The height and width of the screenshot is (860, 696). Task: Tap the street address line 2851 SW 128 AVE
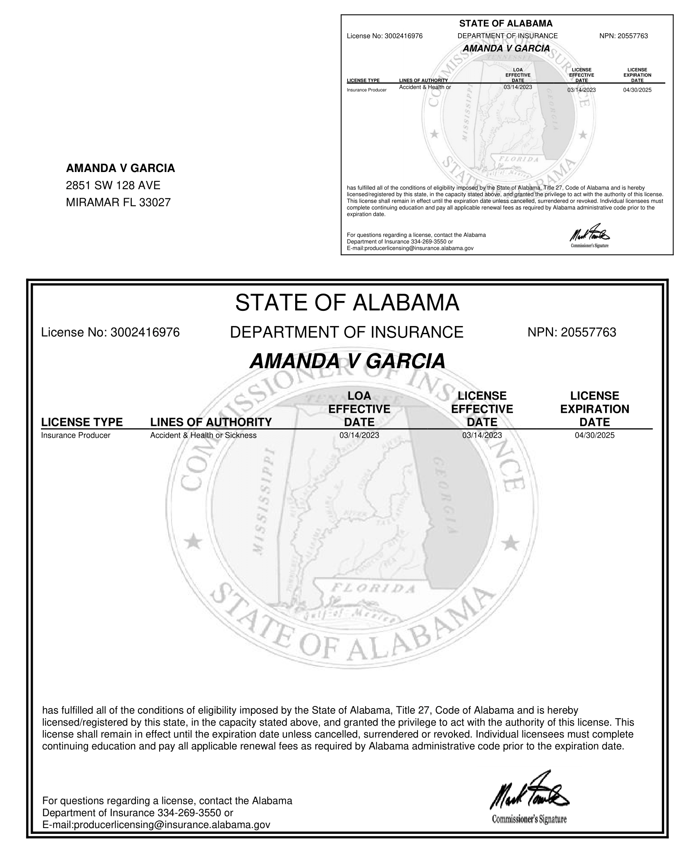(x=113, y=186)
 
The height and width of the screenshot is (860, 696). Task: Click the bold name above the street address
(x=120, y=168)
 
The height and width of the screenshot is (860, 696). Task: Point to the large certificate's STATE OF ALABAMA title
(x=347, y=303)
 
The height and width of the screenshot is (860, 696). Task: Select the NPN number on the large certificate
(x=588, y=332)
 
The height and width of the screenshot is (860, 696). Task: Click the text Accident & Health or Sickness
(x=203, y=435)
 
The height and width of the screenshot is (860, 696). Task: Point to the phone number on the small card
(x=424, y=242)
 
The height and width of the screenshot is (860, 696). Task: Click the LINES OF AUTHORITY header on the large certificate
(x=211, y=422)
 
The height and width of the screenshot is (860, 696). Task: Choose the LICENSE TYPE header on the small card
(x=363, y=80)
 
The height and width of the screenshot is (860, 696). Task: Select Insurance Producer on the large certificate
(x=76, y=435)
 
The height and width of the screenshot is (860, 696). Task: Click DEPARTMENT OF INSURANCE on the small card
(x=507, y=36)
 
